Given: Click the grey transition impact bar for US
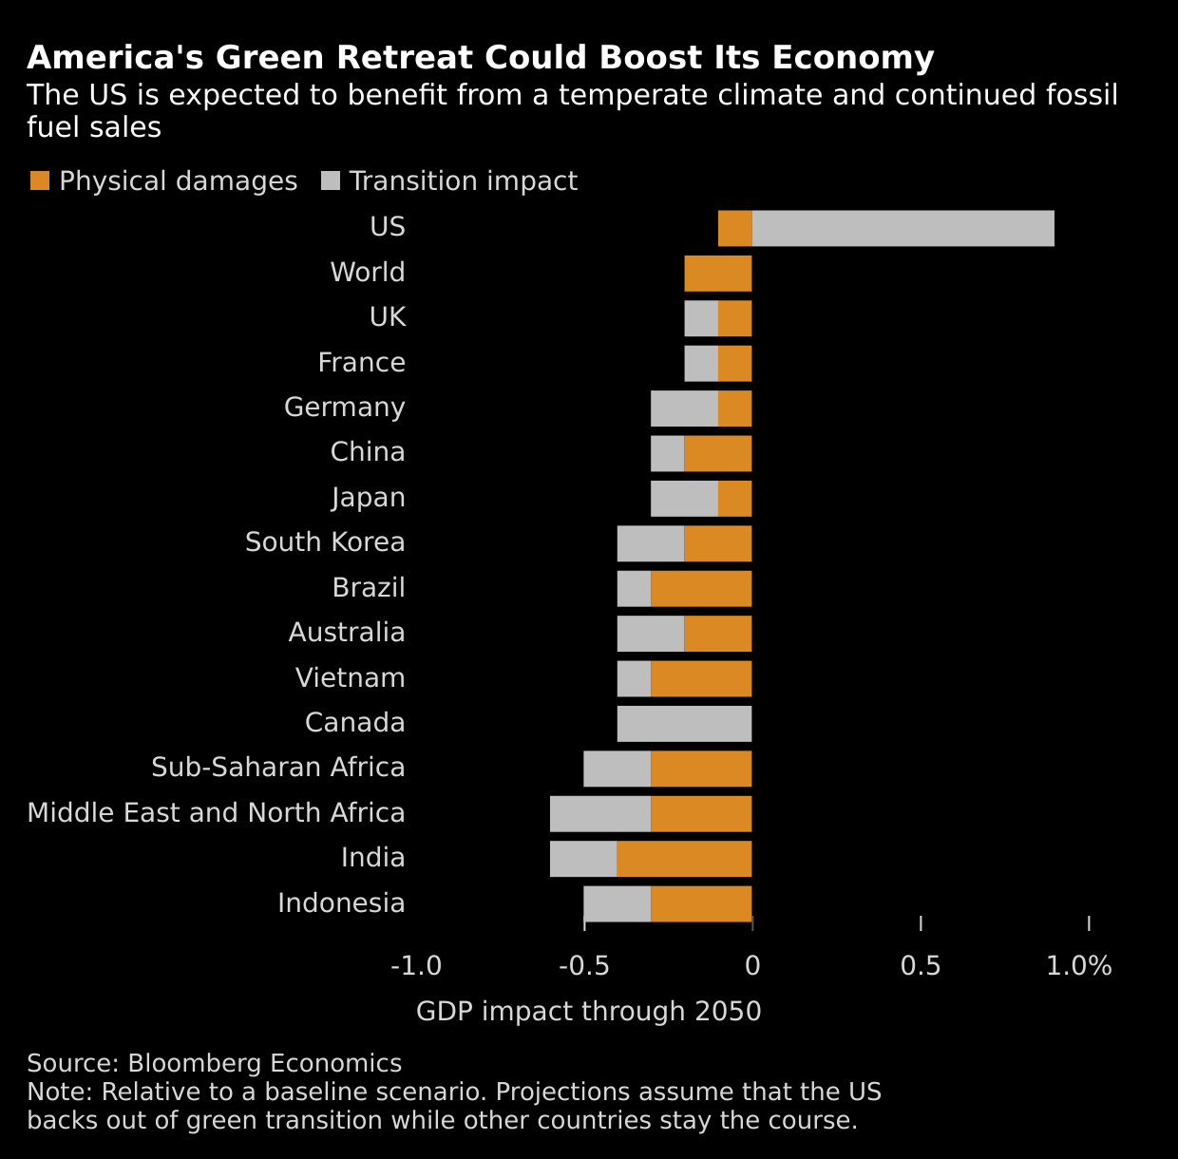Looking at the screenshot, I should (x=902, y=228).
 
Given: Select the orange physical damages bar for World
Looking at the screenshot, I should (x=718, y=274).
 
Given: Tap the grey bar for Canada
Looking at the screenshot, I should (x=684, y=724).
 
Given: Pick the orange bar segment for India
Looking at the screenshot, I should (x=684, y=859).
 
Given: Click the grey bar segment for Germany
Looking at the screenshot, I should (x=684, y=408).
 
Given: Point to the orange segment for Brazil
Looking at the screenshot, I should (x=701, y=589).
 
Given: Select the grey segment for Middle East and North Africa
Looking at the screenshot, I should (x=600, y=814).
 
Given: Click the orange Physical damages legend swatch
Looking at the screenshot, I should (x=40, y=180).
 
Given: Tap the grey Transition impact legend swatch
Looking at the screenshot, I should (x=331, y=180).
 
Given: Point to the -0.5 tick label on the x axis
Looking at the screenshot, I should (x=583, y=966).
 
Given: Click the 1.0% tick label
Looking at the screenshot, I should (x=1079, y=966).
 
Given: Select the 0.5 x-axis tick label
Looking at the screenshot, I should (x=921, y=966).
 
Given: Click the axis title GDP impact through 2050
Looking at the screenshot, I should (x=589, y=1012).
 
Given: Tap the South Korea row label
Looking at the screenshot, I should (x=325, y=542).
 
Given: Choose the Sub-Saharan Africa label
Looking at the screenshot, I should (x=278, y=768).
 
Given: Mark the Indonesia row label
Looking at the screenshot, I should (x=341, y=903).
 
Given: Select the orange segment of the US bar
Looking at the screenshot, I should (x=734, y=228).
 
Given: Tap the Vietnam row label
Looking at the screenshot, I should (x=350, y=678).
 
